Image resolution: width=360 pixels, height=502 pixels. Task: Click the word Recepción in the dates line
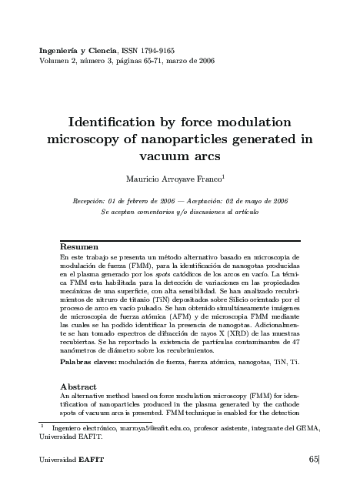92,200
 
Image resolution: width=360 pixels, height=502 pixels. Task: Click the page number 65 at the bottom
313,459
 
